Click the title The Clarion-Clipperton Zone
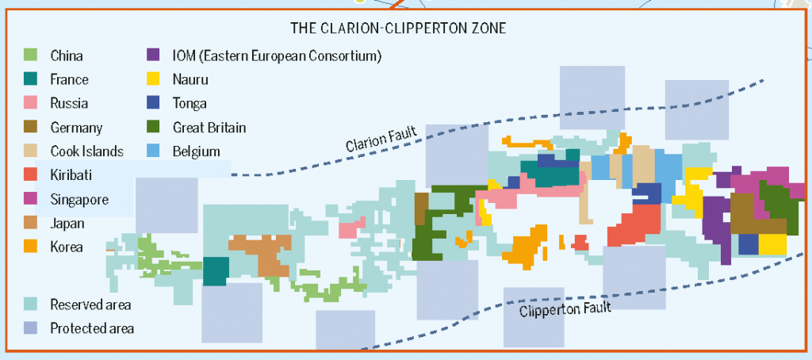pyautogui.click(x=398, y=28)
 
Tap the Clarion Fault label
pyautogui.click(x=381, y=140)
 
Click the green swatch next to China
pyautogui.click(x=31, y=56)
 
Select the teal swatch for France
pyautogui.click(x=31, y=79)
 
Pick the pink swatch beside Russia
pyautogui.click(x=31, y=103)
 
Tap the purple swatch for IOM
pyautogui.click(x=154, y=56)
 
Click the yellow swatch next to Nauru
pyautogui.click(x=154, y=79)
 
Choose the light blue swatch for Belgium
pyautogui.click(x=154, y=151)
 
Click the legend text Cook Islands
pyautogui.click(x=86, y=151)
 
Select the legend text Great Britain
pyautogui.click(x=209, y=127)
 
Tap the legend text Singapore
pyautogui.click(x=79, y=199)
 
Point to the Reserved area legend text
pyautogui.click(x=90, y=304)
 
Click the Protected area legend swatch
pyautogui.click(x=31, y=328)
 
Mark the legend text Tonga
pyautogui.click(x=190, y=103)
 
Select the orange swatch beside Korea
pyautogui.click(x=31, y=247)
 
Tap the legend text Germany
pyautogui.click(x=76, y=128)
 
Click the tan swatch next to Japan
pyautogui.click(x=31, y=223)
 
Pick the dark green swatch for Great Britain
pyautogui.click(x=154, y=127)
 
